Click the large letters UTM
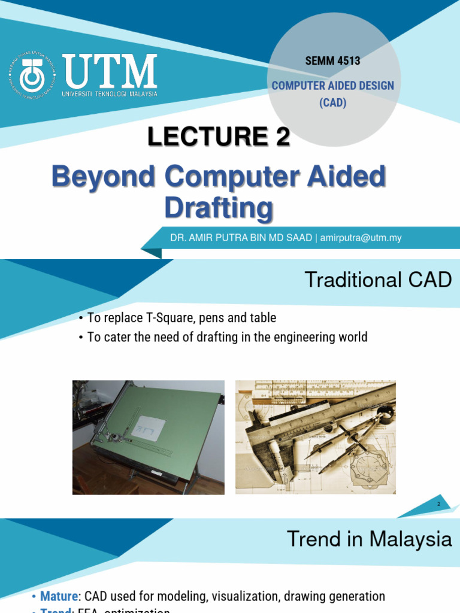[x=110, y=72]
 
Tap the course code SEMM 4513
[x=332, y=60]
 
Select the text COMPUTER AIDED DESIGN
[x=332, y=86]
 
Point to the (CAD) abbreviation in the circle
[x=332, y=102]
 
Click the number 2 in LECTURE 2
[x=282, y=138]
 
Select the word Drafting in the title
[x=218, y=208]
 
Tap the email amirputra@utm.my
[x=361, y=238]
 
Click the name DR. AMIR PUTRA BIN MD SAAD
[x=241, y=238]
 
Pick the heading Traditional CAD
[x=378, y=280]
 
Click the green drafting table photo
[x=148, y=437]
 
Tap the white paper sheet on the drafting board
[x=148, y=428]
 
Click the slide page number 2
[x=438, y=505]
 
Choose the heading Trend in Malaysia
[x=369, y=539]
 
